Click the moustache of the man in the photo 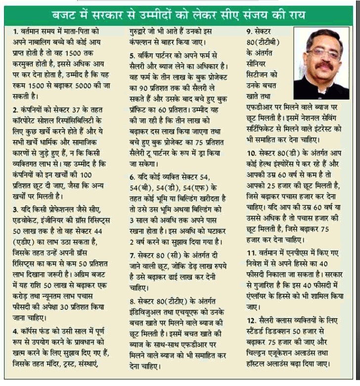(323, 65)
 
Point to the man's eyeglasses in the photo (323, 51)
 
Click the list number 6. (132, 177)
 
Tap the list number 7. (132, 256)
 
